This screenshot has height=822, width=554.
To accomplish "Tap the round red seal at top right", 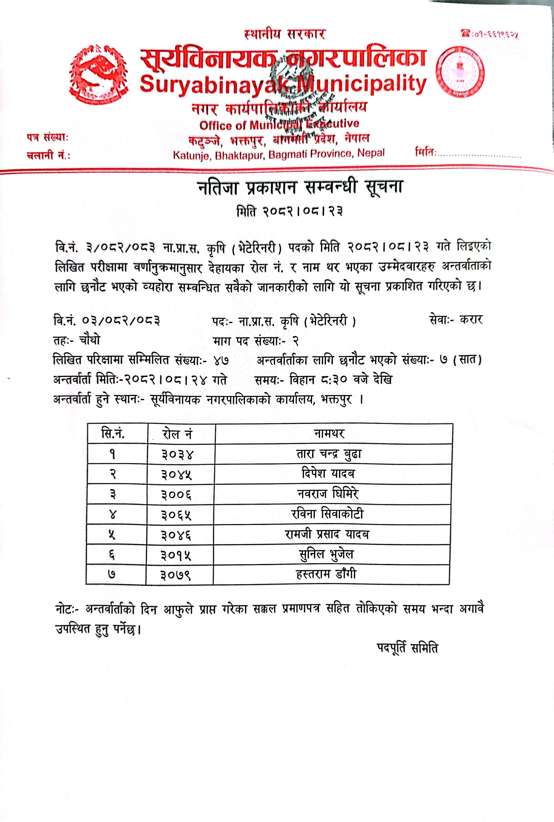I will click(460, 72).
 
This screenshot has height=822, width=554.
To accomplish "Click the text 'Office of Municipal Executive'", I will click(279, 124).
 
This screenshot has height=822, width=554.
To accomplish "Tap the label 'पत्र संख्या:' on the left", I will click(47, 138).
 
